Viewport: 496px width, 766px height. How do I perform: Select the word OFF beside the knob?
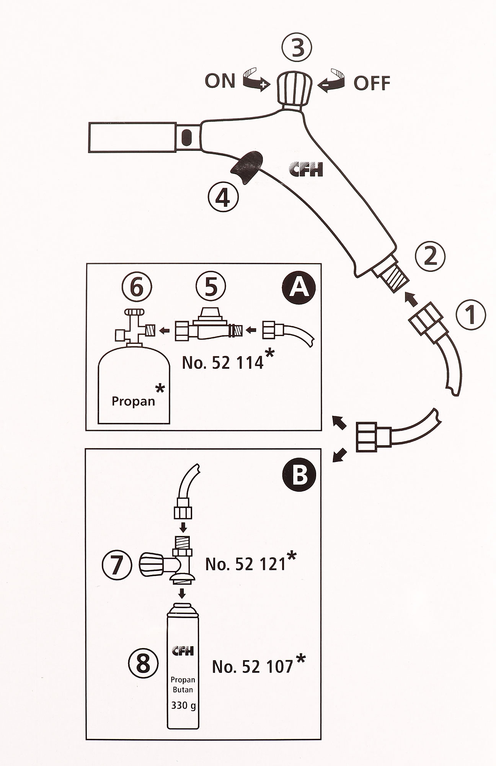(x=372, y=83)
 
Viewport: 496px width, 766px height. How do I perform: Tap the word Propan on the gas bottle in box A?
(x=133, y=401)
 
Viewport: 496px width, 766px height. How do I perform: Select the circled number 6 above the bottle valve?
(x=137, y=287)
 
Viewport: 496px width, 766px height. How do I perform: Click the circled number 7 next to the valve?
(x=117, y=565)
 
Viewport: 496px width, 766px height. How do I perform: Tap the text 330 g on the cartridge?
(x=183, y=705)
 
